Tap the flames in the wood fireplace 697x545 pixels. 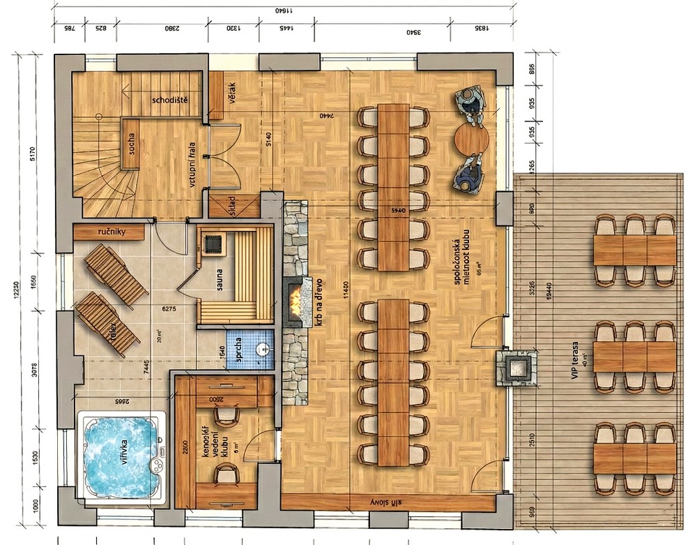296,302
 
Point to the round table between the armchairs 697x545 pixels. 472,140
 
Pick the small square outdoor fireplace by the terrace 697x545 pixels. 515,365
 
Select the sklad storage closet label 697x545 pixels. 232,207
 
